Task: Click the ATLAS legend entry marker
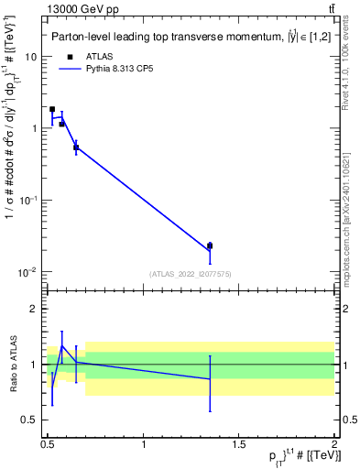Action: point(70,56)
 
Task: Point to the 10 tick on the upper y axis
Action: point(31,57)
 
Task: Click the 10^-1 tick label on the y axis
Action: point(29,200)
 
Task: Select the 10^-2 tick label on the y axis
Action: point(29,272)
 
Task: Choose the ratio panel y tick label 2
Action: point(34,310)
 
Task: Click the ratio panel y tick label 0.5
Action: point(29,420)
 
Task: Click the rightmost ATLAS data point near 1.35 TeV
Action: point(210,245)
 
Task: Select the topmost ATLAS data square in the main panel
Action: point(52,109)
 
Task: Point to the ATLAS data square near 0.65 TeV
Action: point(76,147)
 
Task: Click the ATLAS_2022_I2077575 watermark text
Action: point(191,274)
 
